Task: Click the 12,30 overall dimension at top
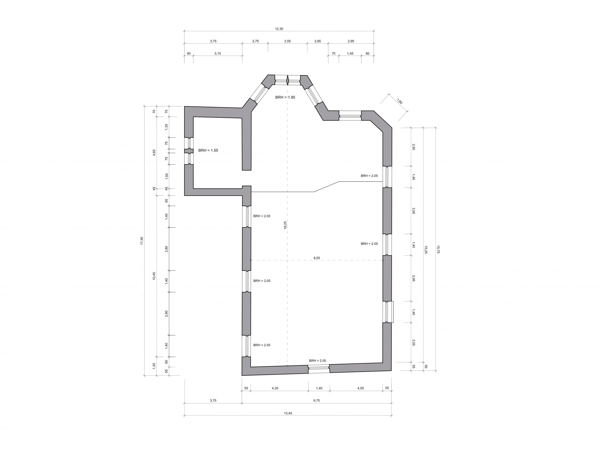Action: pyautogui.click(x=279, y=29)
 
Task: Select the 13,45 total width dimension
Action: pyautogui.click(x=288, y=413)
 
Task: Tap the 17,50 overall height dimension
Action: pyautogui.click(x=142, y=241)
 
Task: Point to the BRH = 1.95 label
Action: pyautogui.click(x=285, y=97)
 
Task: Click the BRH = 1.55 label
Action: pyautogui.click(x=208, y=150)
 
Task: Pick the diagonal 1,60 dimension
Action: pyautogui.click(x=400, y=101)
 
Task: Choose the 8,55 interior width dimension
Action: pyautogui.click(x=317, y=258)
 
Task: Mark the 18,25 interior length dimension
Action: pyautogui.click(x=285, y=225)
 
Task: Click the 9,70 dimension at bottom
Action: pyautogui.click(x=317, y=401)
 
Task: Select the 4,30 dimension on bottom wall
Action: pyautogui.click(x=275, y=388)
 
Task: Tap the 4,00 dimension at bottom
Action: pyautogui.click(x=361, y=388)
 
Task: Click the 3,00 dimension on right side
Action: pyautogui.click(x=413, y=211)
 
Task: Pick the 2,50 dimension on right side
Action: pyautogui.click(x=413, y=147)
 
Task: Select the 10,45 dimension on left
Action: pyautogui.click(x=154, y=276)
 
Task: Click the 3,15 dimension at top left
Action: pyautogui.click(x=218, y=54)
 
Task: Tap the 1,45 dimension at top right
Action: pyautogui.click(x=350, y=54)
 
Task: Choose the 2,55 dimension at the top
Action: pyautogui.click(x=287, y=41)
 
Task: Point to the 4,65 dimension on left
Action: pyautogui.click(x=154, y=153)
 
